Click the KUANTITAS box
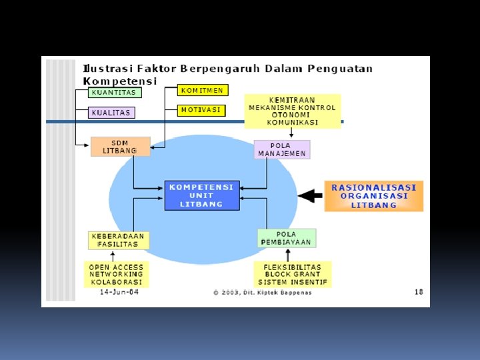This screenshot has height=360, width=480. point(115,93)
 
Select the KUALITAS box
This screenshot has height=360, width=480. point(111,113)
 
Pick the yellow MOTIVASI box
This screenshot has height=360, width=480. point(201,110)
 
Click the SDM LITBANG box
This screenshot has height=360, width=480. point(121,147)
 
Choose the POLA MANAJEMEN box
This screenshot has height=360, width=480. point(282,149)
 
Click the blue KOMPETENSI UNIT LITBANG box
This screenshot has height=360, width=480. point(201,195)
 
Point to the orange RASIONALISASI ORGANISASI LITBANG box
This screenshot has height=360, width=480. point(373,196)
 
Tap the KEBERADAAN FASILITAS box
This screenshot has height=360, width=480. point(119,240)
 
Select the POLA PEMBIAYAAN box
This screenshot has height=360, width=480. point(287,238)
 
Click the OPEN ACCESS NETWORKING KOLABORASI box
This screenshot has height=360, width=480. point(117,274)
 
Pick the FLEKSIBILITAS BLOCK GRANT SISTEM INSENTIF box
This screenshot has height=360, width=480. point(293,274)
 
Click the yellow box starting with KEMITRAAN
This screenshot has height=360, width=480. point(292,111)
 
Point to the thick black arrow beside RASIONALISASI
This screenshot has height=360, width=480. point(309,195)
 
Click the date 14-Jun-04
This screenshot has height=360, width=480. point(119,292)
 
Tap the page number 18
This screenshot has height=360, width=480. point(418,292)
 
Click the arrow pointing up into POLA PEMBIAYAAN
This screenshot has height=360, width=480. point(287,254)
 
